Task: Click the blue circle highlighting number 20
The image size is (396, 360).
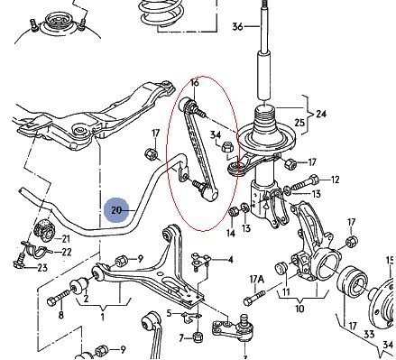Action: [x=116, y=210]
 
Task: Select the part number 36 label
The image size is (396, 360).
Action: [x=237, y=27]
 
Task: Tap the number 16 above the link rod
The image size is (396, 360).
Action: [x=195, y=83]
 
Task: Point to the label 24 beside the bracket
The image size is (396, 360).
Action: [x=320, y=114]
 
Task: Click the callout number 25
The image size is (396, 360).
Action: [x=299, y=123]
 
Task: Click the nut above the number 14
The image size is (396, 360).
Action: [x=234, y=212]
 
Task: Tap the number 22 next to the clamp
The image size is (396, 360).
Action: [x=66, y=252]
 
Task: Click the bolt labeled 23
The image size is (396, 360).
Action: [x=20, y=261]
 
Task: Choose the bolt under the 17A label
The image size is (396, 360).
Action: [x=255, y=296]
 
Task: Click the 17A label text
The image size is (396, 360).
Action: [x=256, y=280]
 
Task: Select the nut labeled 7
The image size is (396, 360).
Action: [x=198, y=337]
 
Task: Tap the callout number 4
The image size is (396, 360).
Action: [x=230, y=260]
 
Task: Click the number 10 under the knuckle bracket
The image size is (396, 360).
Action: [x=299, y=309]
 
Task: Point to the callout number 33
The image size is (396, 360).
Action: [x=369, y=334]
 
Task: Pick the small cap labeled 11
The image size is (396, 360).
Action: [x=281, y=268]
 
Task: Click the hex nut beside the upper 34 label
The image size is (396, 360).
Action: [x=227, y=148]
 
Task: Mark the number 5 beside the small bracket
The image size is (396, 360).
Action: [x=170, y=313]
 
